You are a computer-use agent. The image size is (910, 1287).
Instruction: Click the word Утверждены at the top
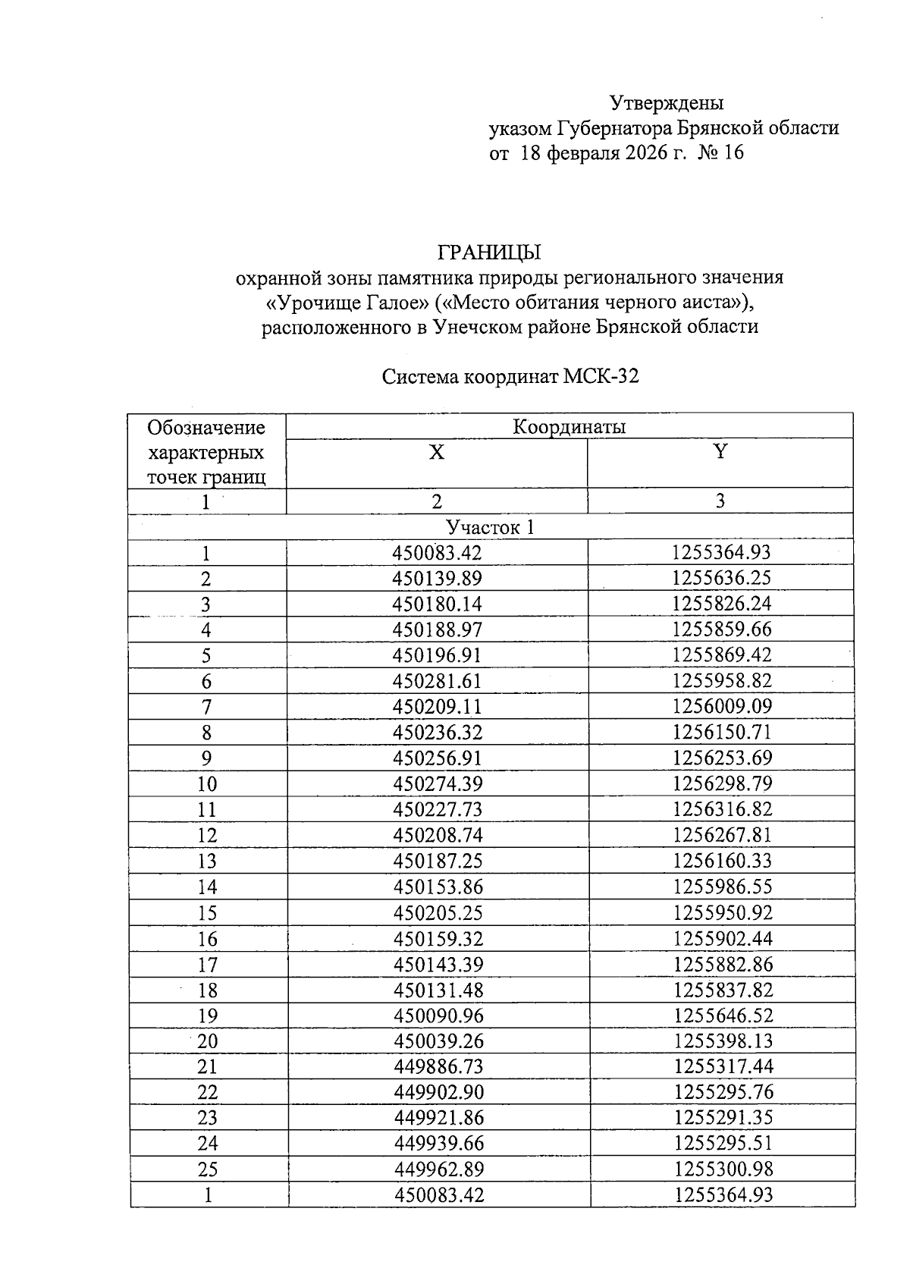tap(667, 102)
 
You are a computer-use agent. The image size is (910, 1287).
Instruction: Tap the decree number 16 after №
tap(734, 153)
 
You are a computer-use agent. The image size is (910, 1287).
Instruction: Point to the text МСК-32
tap(601, 376)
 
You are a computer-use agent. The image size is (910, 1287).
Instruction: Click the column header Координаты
tap(569, 427)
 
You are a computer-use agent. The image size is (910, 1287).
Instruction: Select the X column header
tap(437, 453)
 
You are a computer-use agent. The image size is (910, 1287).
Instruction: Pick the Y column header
tap(720, 452)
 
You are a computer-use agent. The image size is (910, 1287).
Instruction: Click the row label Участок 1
tap(491, 527)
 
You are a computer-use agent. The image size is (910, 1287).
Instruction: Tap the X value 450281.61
tap(438, 681)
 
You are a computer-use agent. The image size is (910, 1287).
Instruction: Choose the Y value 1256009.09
tap(722, 707)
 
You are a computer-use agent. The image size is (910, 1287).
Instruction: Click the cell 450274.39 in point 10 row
tap(438, 783)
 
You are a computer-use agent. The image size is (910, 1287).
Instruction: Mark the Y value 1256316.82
tap(722, 809)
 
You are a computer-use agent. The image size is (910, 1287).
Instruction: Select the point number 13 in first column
tap(207, 862)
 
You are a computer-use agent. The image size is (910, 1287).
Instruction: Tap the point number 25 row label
tap(208, 1169)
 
